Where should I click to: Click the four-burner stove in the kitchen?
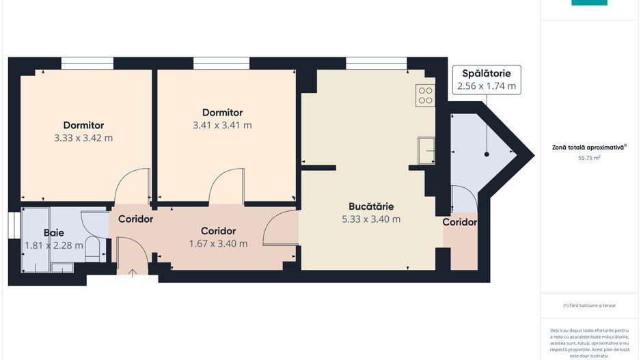click(425, 95)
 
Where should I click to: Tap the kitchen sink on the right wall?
click(426, 150)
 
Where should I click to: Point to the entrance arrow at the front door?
click(133, 273)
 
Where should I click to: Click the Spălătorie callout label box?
click(486, 80)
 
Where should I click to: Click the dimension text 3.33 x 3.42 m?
click(83, 138)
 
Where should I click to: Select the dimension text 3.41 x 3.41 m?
click(222, 125)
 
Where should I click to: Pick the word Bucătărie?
click(371, 206)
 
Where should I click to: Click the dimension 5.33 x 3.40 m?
click(371, 219)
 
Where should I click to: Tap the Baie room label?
click(54, 232)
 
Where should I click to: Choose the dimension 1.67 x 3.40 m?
click(218, 243)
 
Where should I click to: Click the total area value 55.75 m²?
click(589, 158)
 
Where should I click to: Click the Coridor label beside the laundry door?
click(459, 222)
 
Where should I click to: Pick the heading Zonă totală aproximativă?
click(589, 147)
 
